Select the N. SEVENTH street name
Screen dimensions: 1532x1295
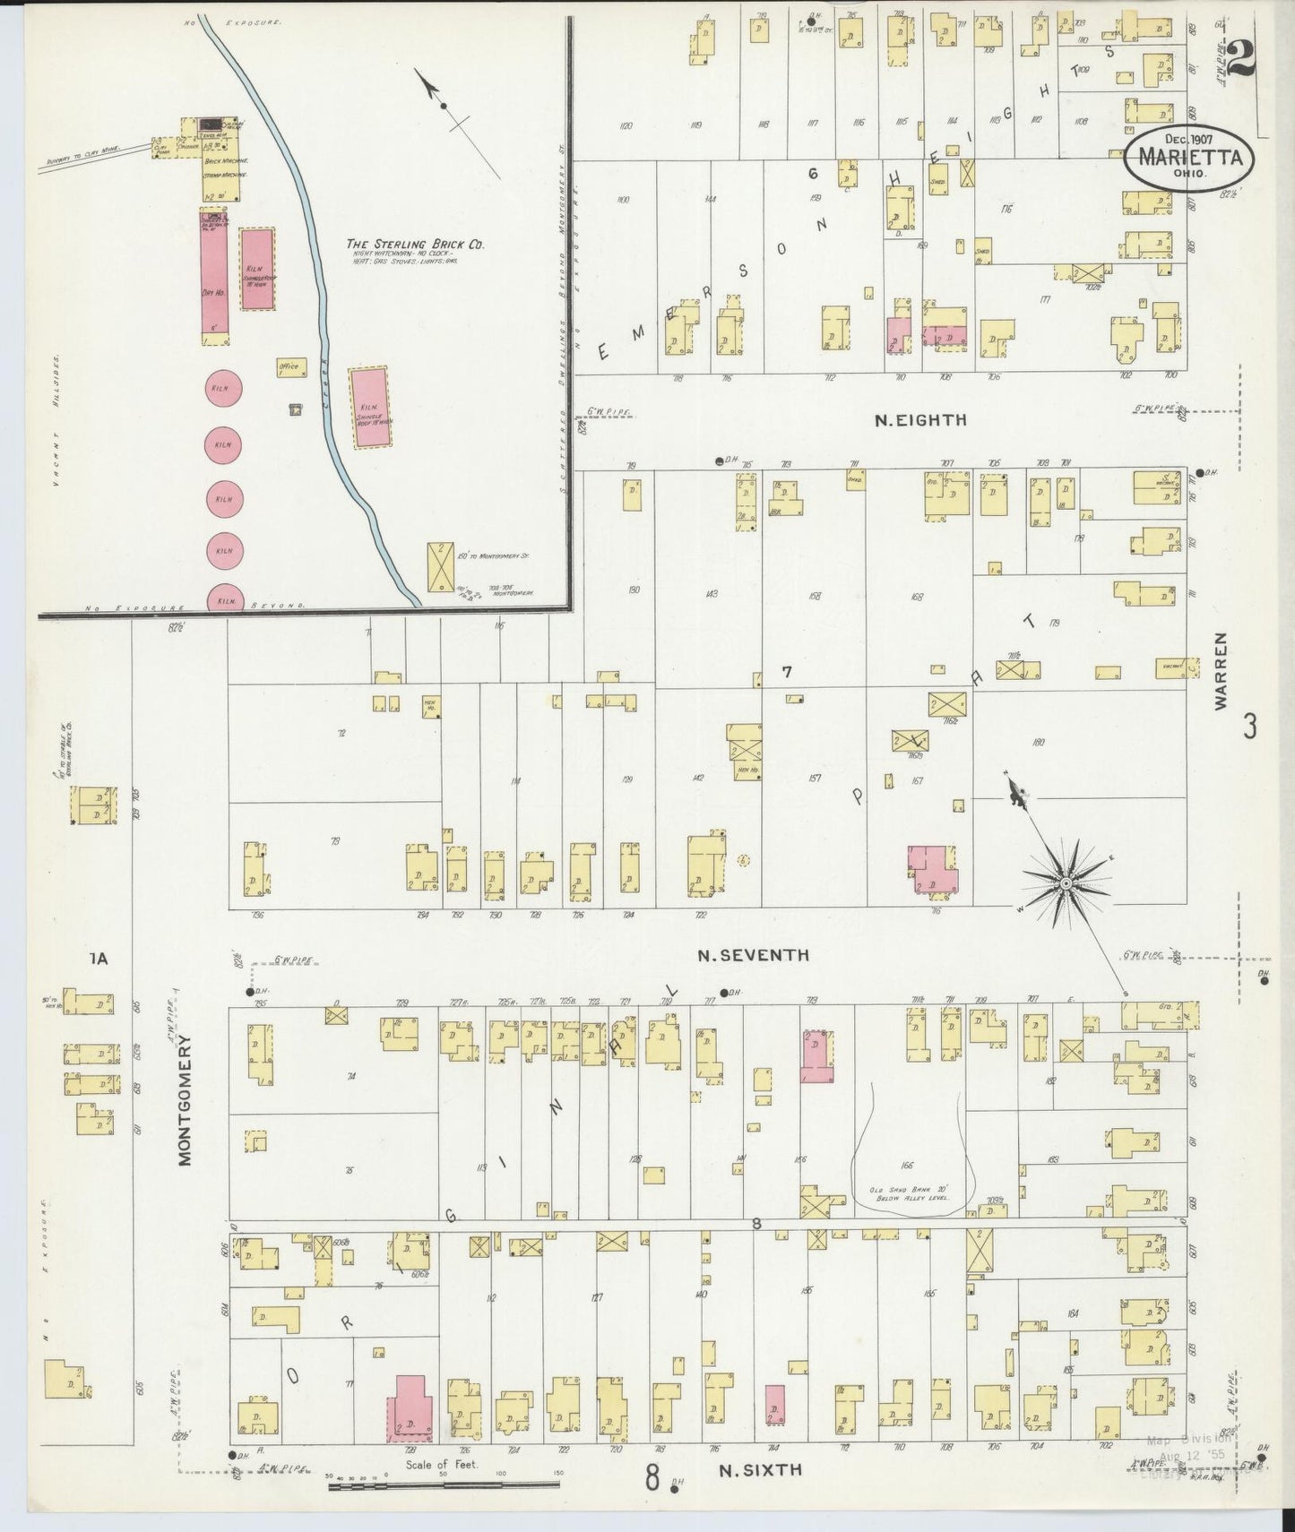point(753,956)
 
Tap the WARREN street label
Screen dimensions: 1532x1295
point(1221,671)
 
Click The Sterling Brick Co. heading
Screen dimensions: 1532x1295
point(416,244)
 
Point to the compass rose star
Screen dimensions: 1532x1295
point(1065,883)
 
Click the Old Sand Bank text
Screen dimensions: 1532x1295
point(910,1193)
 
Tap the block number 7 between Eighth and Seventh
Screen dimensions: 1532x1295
point(786,672)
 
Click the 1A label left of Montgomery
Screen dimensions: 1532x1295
point(98,960)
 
